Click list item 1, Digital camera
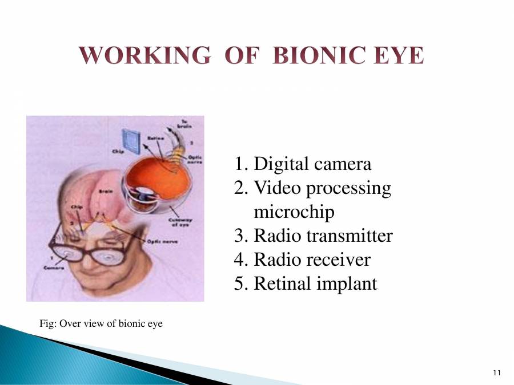tap(303, 164)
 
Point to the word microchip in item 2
tap(294, 212)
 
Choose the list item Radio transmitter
tap(314, 236)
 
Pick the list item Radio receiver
tap(302, 260)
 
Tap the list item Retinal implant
tap(306, 283)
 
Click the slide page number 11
tap(496, 373)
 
